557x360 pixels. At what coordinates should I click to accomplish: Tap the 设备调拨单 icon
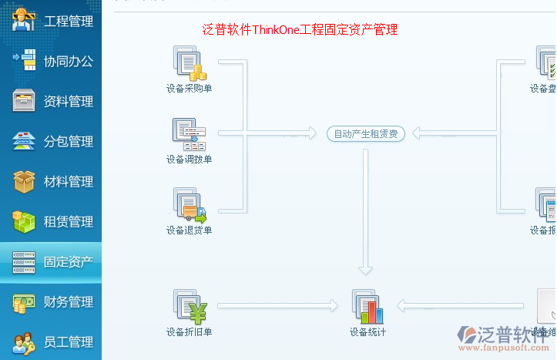(190, 134)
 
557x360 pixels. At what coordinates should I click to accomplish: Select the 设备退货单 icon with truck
(190, 204)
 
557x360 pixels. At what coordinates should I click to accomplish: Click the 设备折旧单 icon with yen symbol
(190, 306)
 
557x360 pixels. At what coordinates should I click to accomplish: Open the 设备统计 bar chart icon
(367, 306)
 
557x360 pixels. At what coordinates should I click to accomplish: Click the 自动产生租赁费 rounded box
(366, 133)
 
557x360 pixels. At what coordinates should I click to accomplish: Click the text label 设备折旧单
(190, 332)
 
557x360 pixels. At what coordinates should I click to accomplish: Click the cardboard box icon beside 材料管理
(24, 182)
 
